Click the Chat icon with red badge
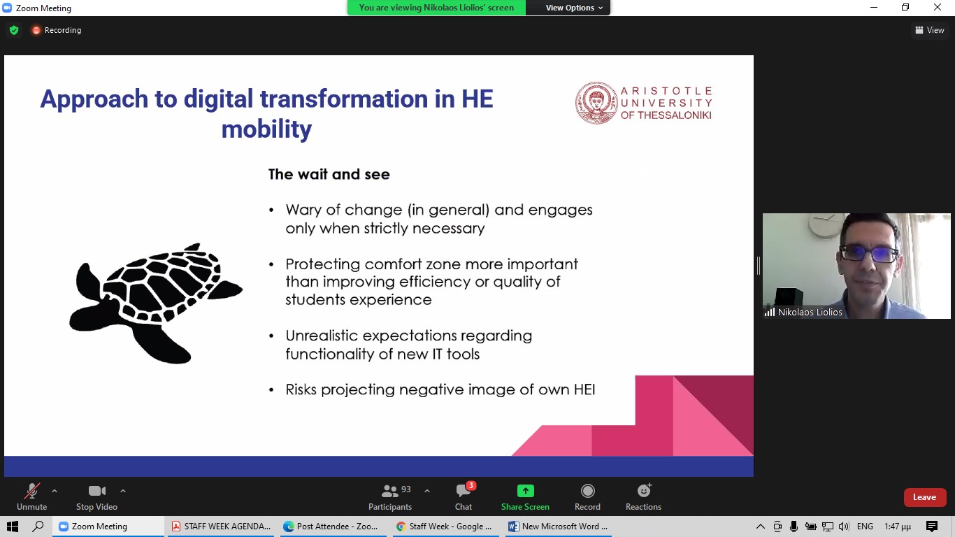(x=464, y=491)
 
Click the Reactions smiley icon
(x=644, y=491)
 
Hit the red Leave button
(x=924, y=497)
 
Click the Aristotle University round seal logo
(x=596, y=103)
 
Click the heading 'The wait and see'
(x=329, y=174)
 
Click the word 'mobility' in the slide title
(x=266, y=129)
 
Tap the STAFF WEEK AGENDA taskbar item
(x=222, y=527)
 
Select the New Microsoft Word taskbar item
(x=559, y=527)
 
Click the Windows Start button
(x=13, y=527)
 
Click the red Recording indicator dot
(x=36, y=30)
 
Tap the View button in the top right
(x=930, y=30)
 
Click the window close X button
(x=937, y=7)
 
